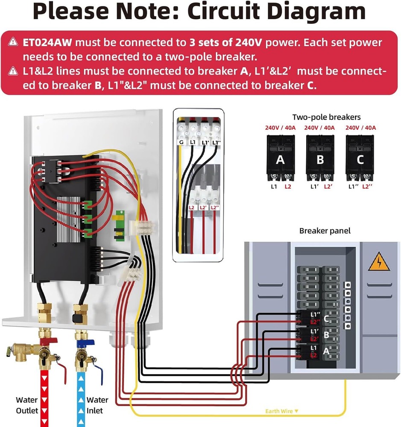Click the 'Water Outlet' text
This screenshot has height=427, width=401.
27,405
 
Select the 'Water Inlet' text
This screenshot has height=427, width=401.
97,405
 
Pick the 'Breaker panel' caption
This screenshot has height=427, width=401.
325,231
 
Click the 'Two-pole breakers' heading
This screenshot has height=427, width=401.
326,117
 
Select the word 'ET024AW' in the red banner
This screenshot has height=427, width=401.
47,43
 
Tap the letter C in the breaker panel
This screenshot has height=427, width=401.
326,319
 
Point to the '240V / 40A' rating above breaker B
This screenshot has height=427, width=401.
319,127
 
